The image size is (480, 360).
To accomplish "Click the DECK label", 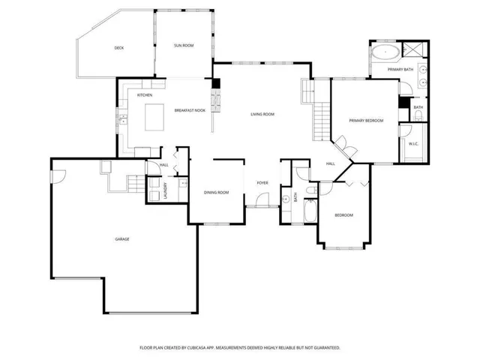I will click(x=118, y=48).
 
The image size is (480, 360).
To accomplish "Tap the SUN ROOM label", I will click(x=184, y=46).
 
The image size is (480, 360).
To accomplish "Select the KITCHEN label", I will click(x=145, y=95).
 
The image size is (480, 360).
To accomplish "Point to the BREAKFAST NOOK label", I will click(x=190, y=110).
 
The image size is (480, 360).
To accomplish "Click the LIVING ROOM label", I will click(x=262, y=114).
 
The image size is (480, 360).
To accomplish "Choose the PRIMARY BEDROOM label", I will click(x=367, y=120).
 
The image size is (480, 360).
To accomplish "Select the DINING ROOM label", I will click(x=216, y=193).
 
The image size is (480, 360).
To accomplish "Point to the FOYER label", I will click(x=262, y=182).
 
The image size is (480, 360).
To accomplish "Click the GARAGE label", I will click(x=121, y=239).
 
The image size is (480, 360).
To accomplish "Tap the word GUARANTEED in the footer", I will click(x=324, y=348).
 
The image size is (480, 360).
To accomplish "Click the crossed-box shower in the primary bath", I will click(x=412, y=51).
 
